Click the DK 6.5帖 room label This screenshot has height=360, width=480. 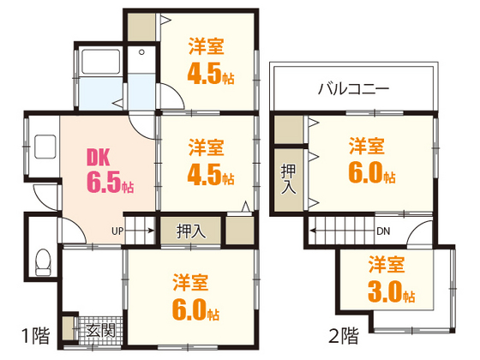(x=107, y=171)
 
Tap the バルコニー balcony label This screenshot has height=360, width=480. (x=353, y=88)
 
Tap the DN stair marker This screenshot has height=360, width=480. (x=384, y=230)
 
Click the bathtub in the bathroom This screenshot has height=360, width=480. (x=101, y=67)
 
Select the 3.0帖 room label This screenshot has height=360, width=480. (x=392, y=279)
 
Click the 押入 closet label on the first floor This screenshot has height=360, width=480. (x=191, y=231)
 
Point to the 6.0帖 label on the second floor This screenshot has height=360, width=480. (x=370, y=160)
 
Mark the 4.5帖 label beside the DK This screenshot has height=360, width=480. (x=209, y=162)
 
